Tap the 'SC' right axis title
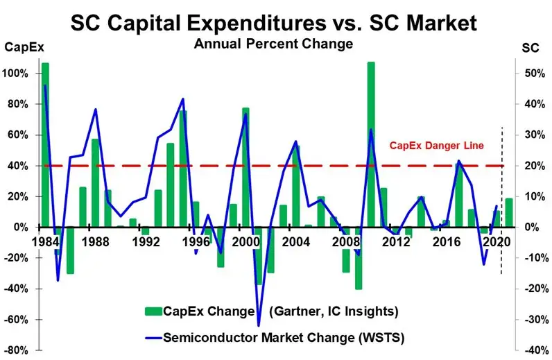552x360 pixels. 529,48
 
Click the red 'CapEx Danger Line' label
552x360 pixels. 435,146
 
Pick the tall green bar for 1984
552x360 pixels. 45,145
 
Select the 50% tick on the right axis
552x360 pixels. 530,74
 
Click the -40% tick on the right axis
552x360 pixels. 529,350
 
